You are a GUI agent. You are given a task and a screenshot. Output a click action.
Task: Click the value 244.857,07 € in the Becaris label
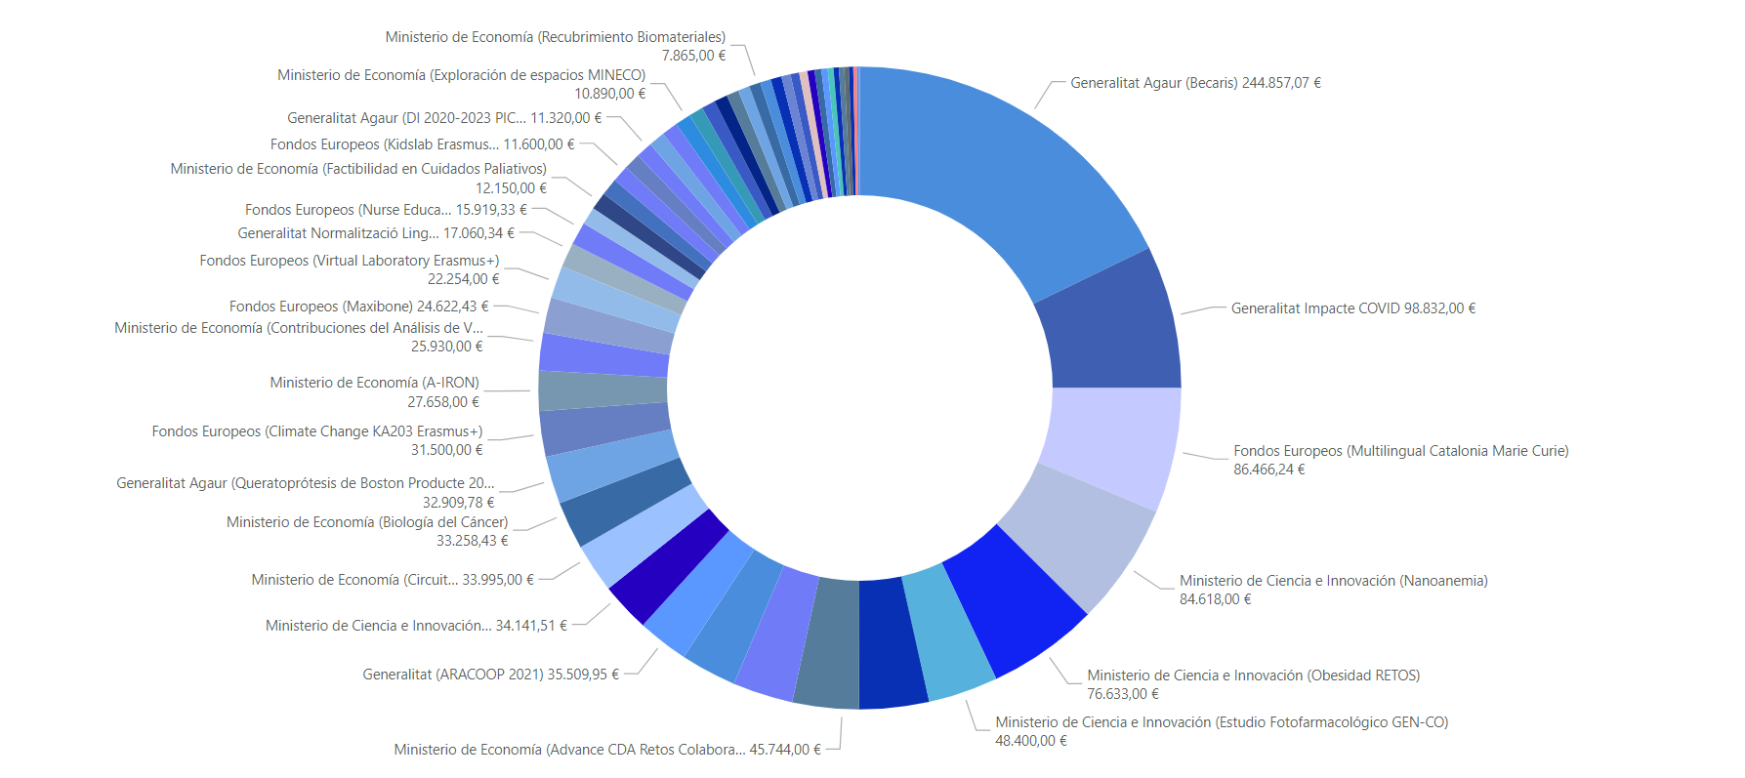click(1281, 83)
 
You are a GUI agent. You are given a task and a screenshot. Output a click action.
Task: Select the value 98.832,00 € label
click(1439, 308)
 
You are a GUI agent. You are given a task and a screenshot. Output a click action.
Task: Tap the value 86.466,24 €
click(1268, 470)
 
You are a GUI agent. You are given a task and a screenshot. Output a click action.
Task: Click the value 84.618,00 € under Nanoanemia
click(1215, 599)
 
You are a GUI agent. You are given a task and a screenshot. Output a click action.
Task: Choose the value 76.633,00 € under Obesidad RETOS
click(1123, 694)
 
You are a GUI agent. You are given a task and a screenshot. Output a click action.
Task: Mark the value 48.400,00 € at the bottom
click(1031, 741)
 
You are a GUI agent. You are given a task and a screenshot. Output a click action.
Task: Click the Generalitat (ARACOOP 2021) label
click(453, 675)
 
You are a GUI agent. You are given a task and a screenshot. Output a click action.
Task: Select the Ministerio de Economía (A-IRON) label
click(375, 383)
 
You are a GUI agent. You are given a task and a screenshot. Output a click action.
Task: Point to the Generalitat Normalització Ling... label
click(338, 233)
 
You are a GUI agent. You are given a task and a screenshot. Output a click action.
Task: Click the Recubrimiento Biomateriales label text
click(556, 37)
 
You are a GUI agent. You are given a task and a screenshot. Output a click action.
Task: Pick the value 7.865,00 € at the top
click(694, 56)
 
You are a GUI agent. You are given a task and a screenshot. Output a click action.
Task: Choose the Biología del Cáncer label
click(367, 522)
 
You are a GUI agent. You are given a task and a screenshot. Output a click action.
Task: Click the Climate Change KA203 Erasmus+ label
click(317, 431)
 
